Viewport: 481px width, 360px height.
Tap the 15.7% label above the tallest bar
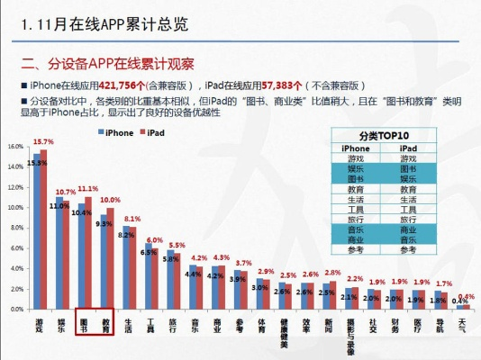click(x=43, y=142)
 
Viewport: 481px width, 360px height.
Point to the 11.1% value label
click(x=88, y=189)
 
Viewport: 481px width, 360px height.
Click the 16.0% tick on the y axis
click(x=15, y=147)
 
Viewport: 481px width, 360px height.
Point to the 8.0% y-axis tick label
click(x=15, y=228)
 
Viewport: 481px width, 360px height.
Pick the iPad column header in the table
click(x=408, y=148)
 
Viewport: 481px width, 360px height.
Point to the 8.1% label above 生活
click(x=132, y=219)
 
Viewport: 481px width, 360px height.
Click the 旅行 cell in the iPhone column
click(x=356, y=219)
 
